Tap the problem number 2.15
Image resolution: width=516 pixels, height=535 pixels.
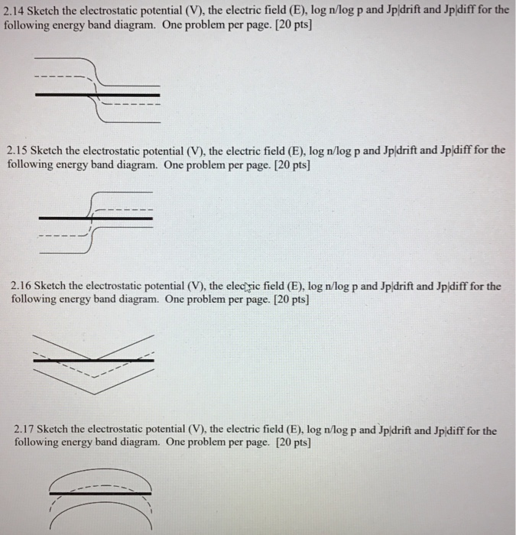click(x=18, y=151)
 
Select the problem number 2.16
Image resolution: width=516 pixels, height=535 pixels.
click(x=23, y=287)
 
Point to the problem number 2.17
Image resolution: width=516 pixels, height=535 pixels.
click(x=26, y=430)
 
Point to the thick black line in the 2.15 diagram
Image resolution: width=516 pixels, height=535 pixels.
click(x=96, y=218)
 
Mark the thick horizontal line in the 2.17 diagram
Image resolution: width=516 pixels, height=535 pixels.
click(x=99, y=494)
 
